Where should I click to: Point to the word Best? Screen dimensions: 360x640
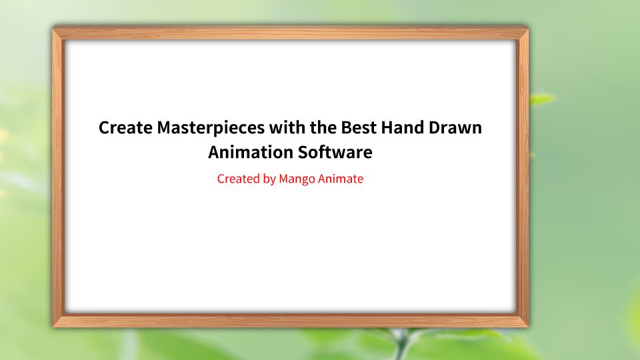[357, 128]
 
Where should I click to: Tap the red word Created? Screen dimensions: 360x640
[238, 179]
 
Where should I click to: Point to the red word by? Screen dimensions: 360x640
[269, 179]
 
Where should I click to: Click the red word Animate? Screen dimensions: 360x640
[341, 179]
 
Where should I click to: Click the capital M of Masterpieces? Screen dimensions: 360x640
[165, 128]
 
